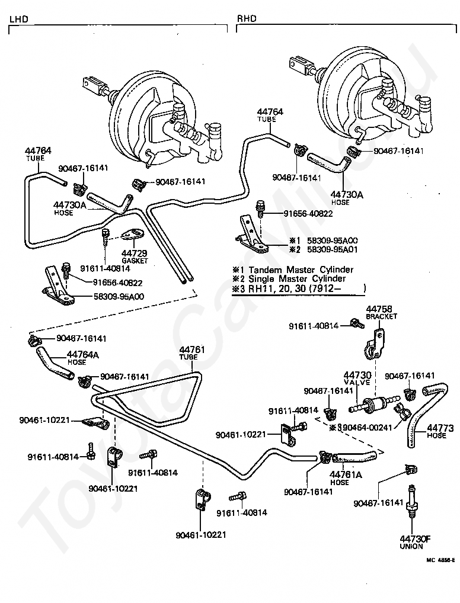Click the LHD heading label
pyautogui.click(x=18, y=19)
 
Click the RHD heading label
pyautogui.click(x=247, y=18)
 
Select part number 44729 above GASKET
pyautogui.click(x=135, y=253)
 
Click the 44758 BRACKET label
pyautogui.click(x=381, y=312)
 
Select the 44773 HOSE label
pyautogui.click(x=440, y=431)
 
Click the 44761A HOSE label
pyautogui.click(x=346, y=478)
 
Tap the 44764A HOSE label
pyautogui.click(x=82, y=358)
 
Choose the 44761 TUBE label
pyautogui.click(x=192, y=353)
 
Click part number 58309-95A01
pyautogui.click(x=332, y=249)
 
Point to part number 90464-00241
pyautogui.click(x=368, y=427)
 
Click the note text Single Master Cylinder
pyautogui.click(x=297, y=278)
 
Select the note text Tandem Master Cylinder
pyautogui.click(x=301, y=270)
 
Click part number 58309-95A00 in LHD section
pyautogui.click(x=119, y=296)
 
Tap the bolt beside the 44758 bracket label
pyautogui.click(x=357, y=323)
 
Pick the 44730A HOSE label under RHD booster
pyautogui.click(x=347, y=198)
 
